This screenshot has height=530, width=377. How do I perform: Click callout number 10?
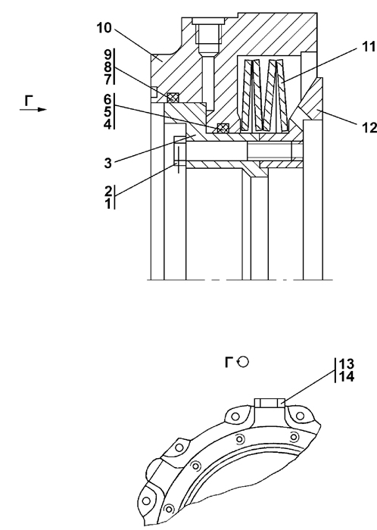pyautogui.click(x=104, y=28)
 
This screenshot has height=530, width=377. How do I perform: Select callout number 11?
pyautogui.click(x=369, y=47)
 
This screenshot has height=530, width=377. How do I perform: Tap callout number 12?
pyautogui.click(x=369, y=128)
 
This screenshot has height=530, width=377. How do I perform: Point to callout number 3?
pyautogui.click(x=107, y=164)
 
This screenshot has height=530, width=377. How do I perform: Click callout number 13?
pyautogui.click(x=347, y=364)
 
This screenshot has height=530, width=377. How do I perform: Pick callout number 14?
pyautogui.click(x=347, y=376)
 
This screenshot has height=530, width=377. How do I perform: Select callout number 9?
pyautogui.click(x=107, y=55)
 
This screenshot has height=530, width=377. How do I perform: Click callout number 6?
pyautogui.click(x=107, y=100)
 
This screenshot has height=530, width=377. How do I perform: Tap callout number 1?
pyautogui.click(x=108, y=204)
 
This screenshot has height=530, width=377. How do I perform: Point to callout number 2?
pyautogui.click(x=108, y=192)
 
